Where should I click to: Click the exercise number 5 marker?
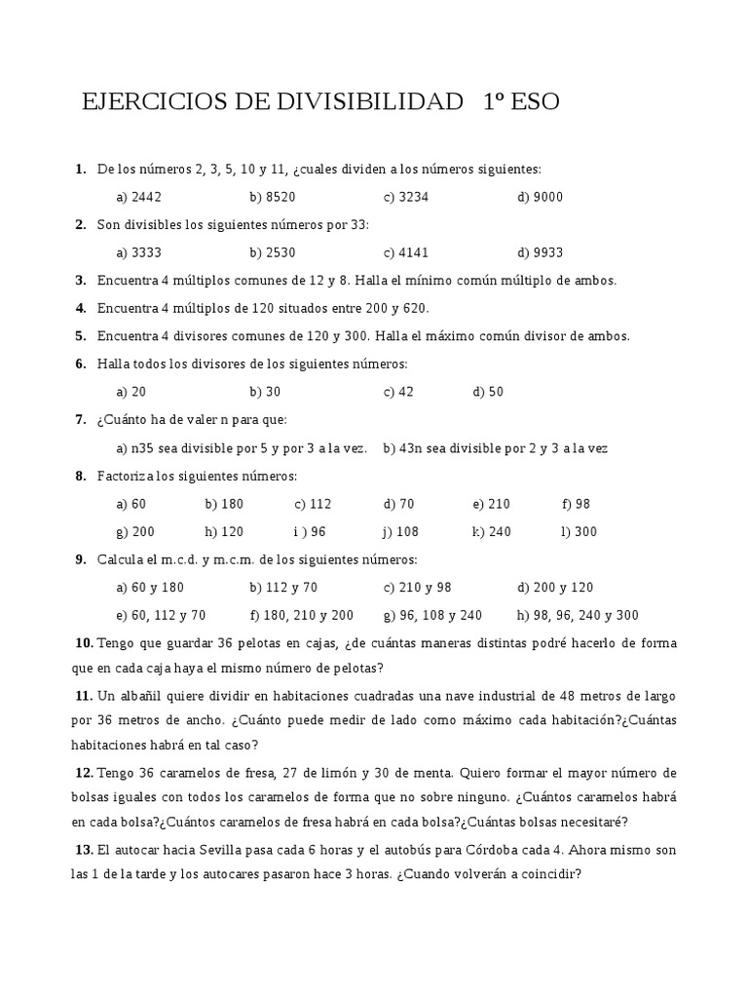pos(81,336)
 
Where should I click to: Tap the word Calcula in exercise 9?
pos(121,559)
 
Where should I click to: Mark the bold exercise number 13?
pos(84,850)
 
